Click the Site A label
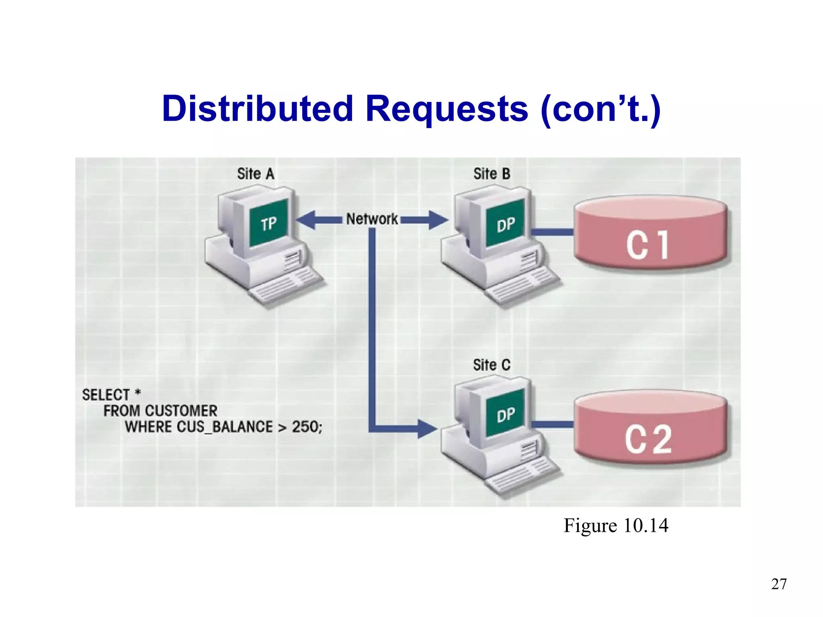(256, 174)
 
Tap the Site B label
(491, 174)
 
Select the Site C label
(491, 365)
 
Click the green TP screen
(268, 223)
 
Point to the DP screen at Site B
(505, 224)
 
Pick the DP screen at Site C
(505, 414)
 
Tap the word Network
(372, 219)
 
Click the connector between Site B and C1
(552, 232)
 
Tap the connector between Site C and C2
(552, 424)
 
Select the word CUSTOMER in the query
(181, 411)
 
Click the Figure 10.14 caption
(616, 526)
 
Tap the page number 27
(779, 584)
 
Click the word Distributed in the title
(258, 109)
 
